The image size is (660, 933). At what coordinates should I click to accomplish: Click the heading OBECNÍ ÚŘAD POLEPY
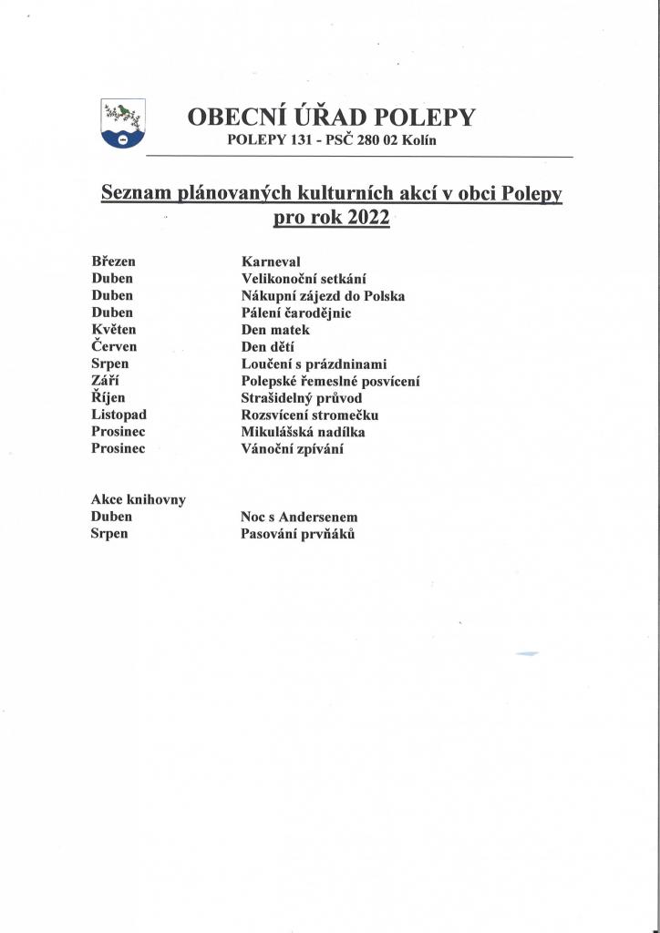(x=331, y=117)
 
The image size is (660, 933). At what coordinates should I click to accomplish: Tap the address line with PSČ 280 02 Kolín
(x=337, y=140)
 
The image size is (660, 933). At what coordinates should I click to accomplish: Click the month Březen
(x=114, y=261)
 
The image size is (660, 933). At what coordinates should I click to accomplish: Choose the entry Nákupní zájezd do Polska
(x=323, y=296)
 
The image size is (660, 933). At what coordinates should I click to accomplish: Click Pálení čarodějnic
(x=295, y=313)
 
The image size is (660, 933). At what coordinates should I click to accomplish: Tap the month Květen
(x=114, y=330)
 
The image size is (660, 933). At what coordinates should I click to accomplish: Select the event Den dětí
(x=269, y=347)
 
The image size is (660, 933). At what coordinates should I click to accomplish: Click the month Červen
(x=116, y=347)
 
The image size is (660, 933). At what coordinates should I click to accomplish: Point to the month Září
(x=107, y=382)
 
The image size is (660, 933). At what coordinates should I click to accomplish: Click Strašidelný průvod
(x=301, y=398)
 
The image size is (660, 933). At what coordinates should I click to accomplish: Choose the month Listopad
(x=119, y=415)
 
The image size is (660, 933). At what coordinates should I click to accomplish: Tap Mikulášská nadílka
(x=303, y=432)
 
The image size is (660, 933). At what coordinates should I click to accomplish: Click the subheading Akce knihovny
(x=139, y=499)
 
